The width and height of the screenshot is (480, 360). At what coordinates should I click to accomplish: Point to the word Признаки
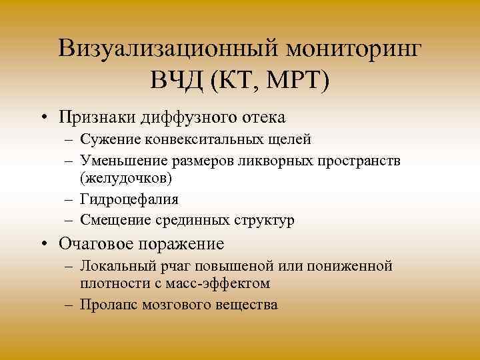pos(97,117)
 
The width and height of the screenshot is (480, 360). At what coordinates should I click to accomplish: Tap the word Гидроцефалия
pos(127,199)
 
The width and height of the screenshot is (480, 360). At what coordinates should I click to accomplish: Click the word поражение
pos(181,243)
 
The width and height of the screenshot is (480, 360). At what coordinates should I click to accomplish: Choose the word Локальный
pos(113,266)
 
